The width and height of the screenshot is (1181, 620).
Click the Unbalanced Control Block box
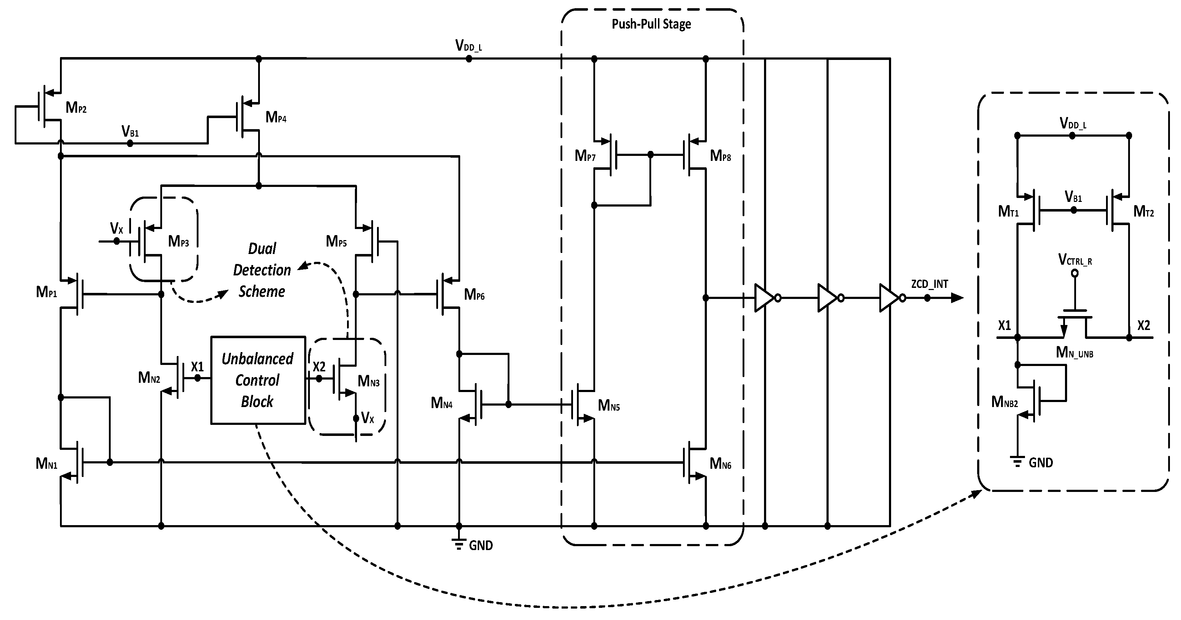[x=258, y=380]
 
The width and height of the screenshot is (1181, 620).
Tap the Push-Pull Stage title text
[x=651, y=24]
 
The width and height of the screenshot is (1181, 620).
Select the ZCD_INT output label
[x=929, y=284]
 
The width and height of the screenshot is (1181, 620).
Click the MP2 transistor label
[x=76, y=108]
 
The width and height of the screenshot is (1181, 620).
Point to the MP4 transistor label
[x=276, y=118]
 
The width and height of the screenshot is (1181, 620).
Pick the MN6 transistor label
[x=720, y=464]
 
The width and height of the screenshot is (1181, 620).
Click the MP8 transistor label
[x=720, y=156]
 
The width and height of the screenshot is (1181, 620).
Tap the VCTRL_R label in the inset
[x=1075, y=260]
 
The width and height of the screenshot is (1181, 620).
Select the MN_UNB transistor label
[x=1074, y=352]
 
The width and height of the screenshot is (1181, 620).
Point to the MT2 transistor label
[x=1144, y=212]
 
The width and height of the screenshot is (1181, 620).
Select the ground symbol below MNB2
[x=1017, y=462]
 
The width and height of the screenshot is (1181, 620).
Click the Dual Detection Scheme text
[x=262, y=270]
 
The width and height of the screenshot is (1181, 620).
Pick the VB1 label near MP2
[x=130, y=132]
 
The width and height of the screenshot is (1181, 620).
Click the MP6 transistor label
[x=474, y=295]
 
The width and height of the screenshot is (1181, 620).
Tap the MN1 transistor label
[x=46, y=464]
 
